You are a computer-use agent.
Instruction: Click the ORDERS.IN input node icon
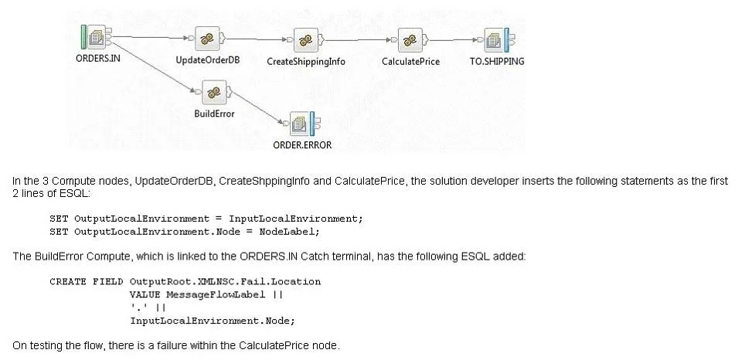click(x=97, y=37)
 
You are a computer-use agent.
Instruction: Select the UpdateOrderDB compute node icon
click(x=208, y=39)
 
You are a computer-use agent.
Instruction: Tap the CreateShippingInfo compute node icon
click(x=306, y=40)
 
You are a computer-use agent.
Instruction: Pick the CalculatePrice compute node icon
click(x=410, y=40)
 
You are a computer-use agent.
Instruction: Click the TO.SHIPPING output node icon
click(x=497, y=40)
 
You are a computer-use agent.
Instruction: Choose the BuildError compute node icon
click(x=214, y=92)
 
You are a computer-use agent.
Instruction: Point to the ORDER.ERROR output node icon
click(x=302, y=124)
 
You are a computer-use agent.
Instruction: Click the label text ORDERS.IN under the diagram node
click(x=97, y=59)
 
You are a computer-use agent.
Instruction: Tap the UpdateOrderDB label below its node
click(x=208, y=60)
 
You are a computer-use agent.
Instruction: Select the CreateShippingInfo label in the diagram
click(x=306, y=62)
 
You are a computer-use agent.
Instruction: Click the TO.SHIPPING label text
click(x=497, y=61)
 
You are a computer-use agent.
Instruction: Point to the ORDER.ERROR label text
click(x=302, y=145)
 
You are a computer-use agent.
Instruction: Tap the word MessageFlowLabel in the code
click(x=216, y=295)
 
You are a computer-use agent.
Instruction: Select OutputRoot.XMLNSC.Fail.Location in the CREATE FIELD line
click(x=225, y=282)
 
